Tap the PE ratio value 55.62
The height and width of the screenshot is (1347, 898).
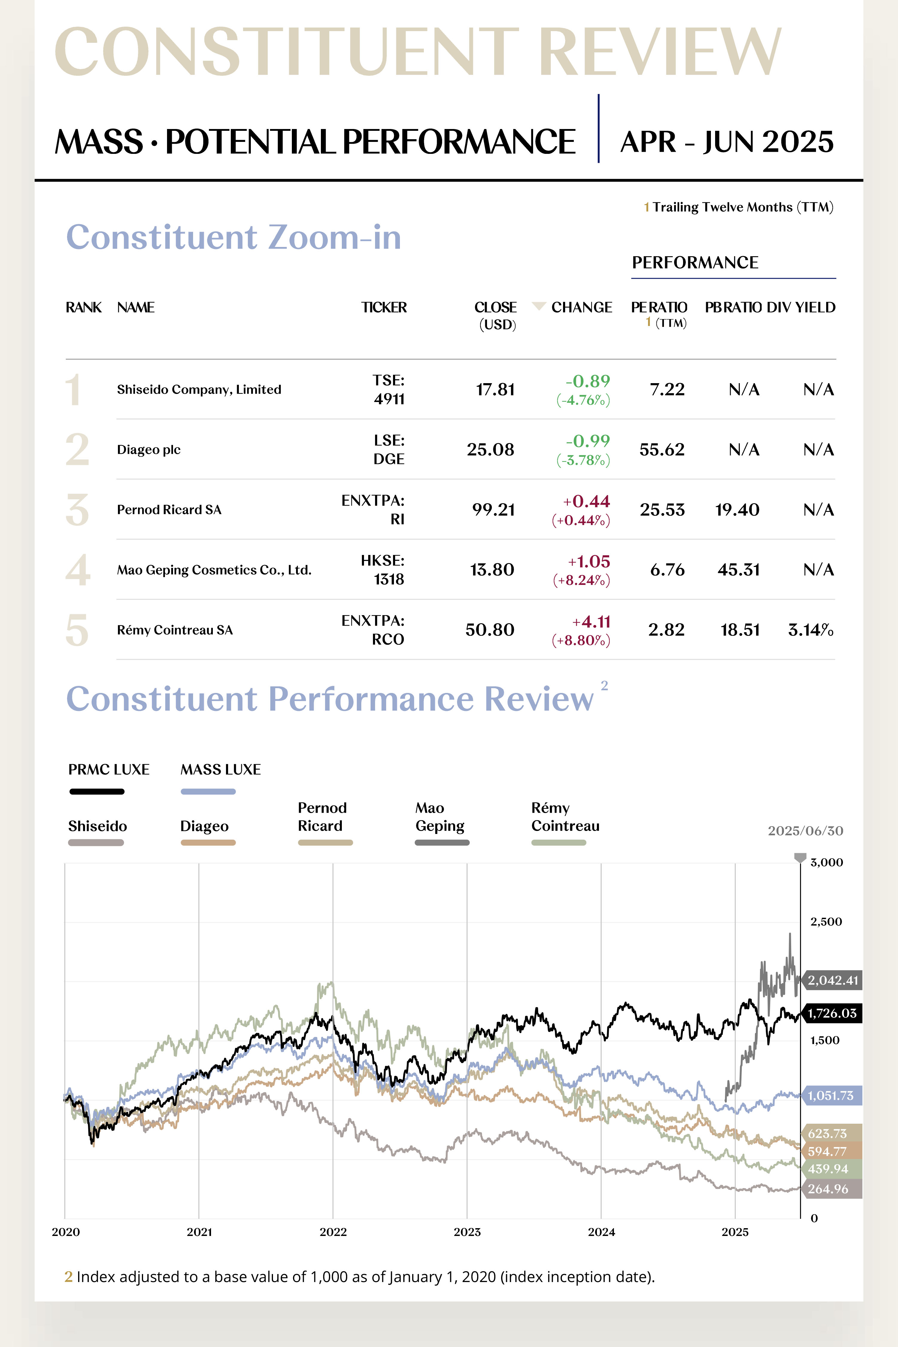coord(662,450)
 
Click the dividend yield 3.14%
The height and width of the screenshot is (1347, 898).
coord(810,630)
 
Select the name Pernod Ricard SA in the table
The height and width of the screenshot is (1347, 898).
coord(169,510)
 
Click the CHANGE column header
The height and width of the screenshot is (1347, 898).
coord(581,307)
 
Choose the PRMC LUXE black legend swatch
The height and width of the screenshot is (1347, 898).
coord(97,791)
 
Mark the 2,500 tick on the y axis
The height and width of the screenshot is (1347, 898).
coord(826,921)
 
